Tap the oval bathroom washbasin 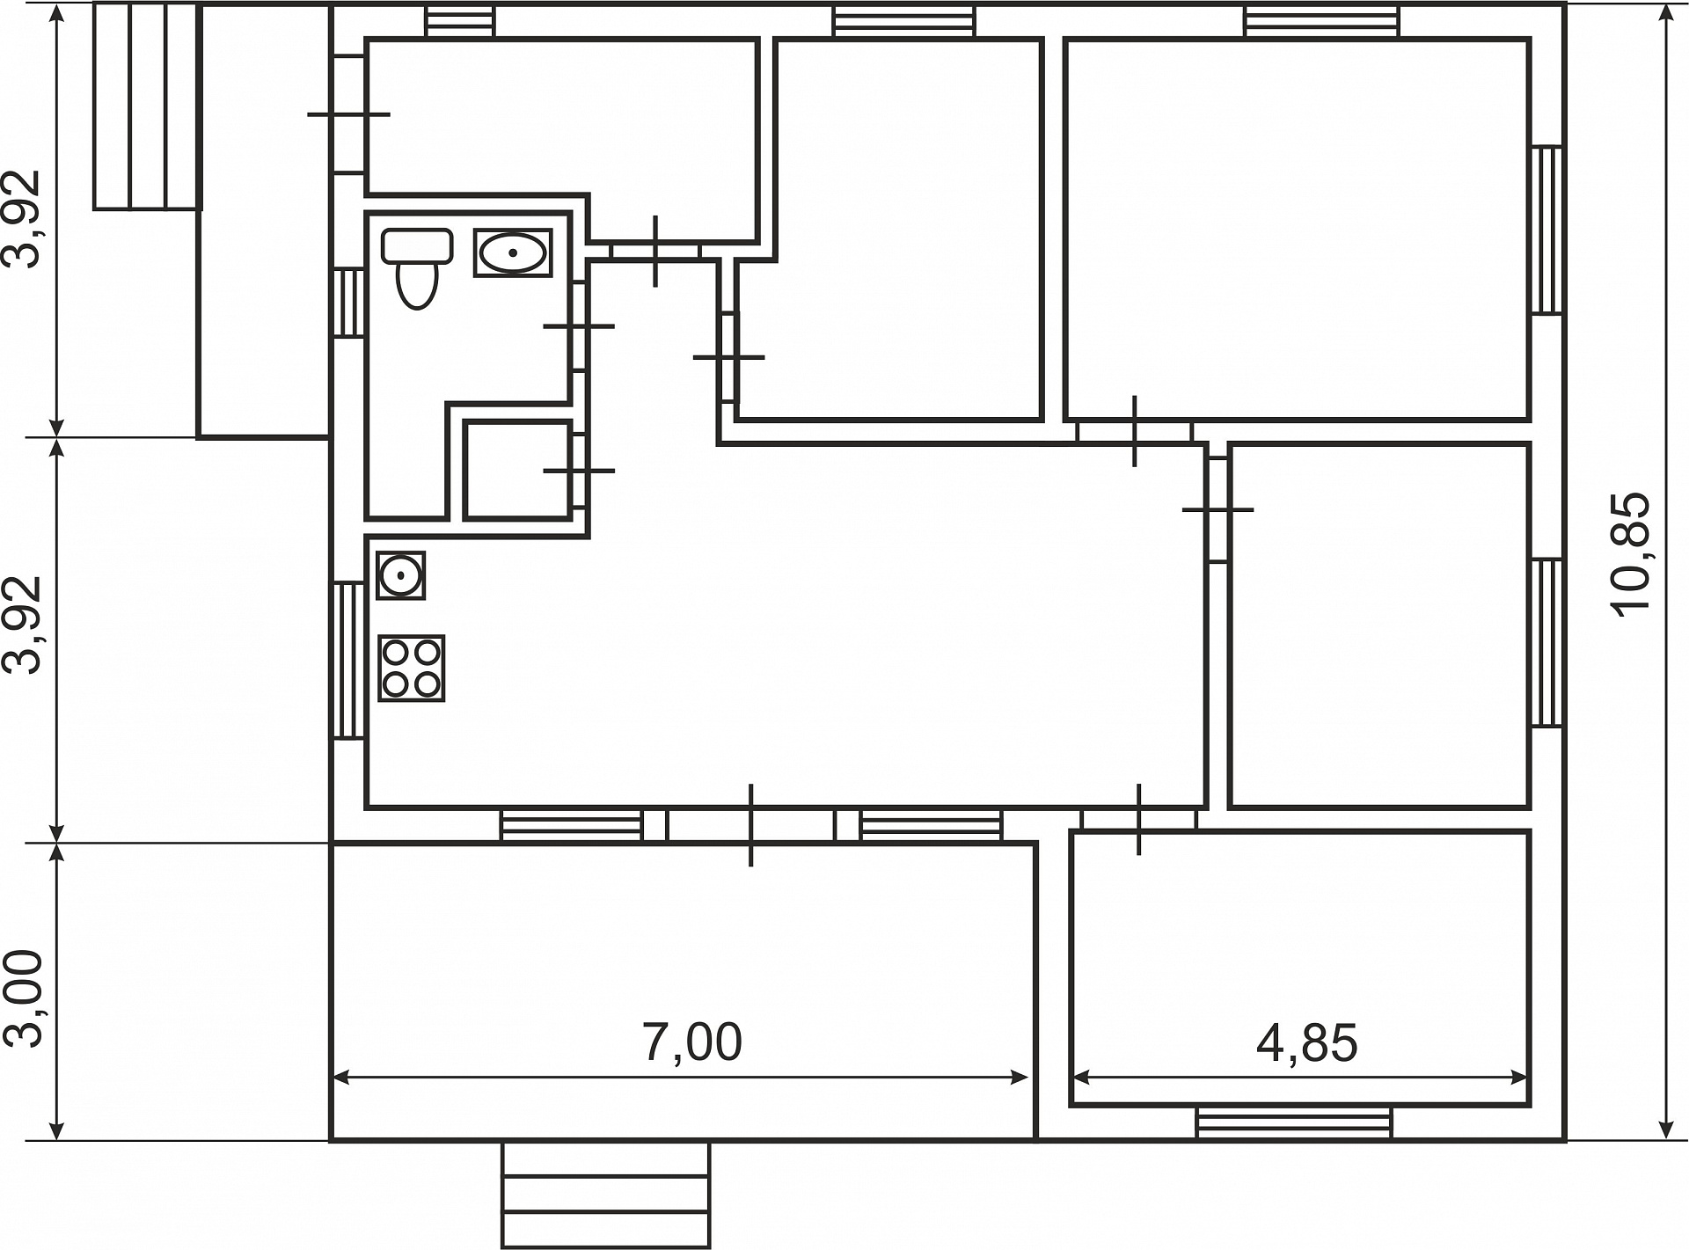tap(513, 252)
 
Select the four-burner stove tap(412, 669)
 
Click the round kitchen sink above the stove tap(401, 575)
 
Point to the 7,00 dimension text tap(693, 1042)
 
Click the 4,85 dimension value tap(1307, 1043)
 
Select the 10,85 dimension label tap(1632, 554)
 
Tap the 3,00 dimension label tap(24, 998)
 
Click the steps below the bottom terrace tap(605, 1195)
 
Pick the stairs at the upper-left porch tap(147, 106)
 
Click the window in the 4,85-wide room tap(1294, 1122)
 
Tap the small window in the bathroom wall tap(349, 303)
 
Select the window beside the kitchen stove tap(348, 660)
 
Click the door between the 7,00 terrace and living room tap(750, 825)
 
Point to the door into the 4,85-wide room tap(1139, 820)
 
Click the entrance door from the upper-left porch tap(349, 114)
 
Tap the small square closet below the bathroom tap(518, 470)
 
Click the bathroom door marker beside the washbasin tap(579, 326)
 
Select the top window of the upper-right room tap(1321, 21)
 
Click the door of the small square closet tap(579, 471)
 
